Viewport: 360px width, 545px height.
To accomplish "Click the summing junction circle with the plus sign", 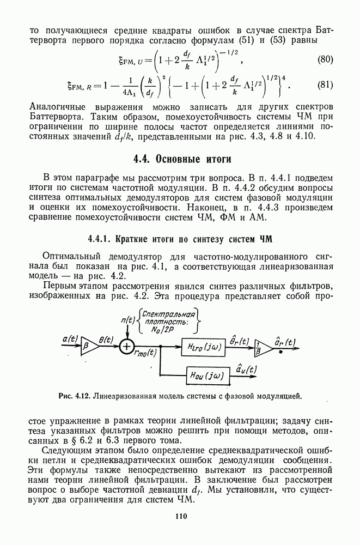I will [126, 346].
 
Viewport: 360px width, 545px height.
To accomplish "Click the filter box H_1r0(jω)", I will [201, 346].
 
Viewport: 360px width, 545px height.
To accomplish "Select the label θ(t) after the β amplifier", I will [107, 338].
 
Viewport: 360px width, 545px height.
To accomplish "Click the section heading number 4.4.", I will [143, 160].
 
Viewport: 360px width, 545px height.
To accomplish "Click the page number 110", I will [181, 517].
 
